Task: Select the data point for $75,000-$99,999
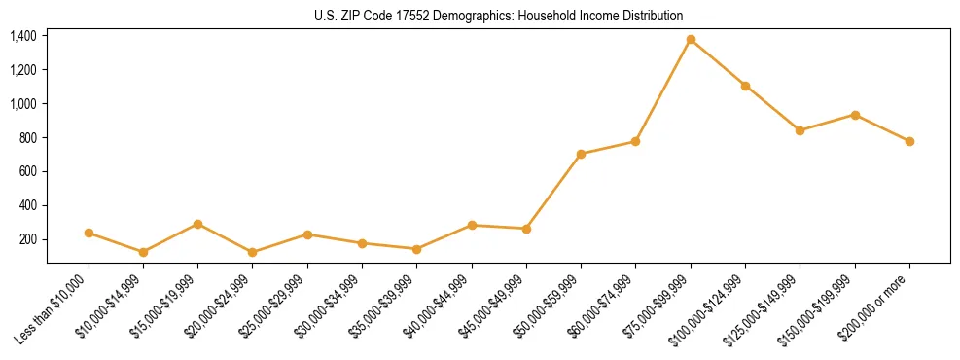[x=691, y=40]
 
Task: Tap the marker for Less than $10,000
[x=89, y=233]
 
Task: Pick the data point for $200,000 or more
[x=909, y=141]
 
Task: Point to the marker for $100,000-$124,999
[x=745, y=86]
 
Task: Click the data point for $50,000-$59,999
[x=581, y=154]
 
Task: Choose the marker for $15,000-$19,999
[x=198, y=224]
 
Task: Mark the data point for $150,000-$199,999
[x=855, y=115]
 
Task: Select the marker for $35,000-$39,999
[x=417, y=249]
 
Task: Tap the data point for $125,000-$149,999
[x=800, y=130]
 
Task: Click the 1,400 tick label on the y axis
[x=23, y=36]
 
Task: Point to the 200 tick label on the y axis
[x=27, y=239]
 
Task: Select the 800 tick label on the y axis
[x=27, y=138]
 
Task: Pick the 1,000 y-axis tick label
[x=23, y=104]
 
